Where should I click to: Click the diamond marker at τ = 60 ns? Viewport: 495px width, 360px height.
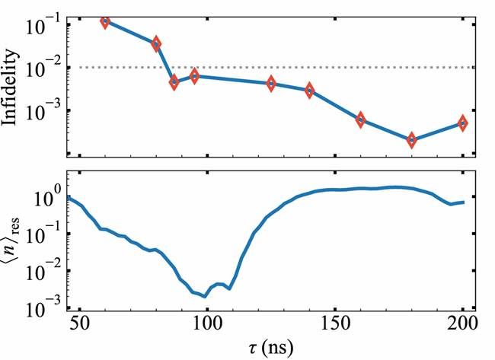tap(105, 21)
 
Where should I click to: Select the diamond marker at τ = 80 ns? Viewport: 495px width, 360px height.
tap(156, 44)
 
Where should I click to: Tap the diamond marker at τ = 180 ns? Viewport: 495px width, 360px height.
tap(412, 140)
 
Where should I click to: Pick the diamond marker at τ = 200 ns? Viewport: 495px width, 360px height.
tap(463, 123)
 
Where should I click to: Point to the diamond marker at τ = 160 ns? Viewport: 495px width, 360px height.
tap(361, 119)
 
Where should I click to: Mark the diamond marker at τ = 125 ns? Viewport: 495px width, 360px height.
tap(271, 84)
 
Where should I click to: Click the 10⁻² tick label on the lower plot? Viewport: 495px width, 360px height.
tap(43, 270)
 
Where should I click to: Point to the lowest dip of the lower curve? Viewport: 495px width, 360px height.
tap(206, 296)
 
